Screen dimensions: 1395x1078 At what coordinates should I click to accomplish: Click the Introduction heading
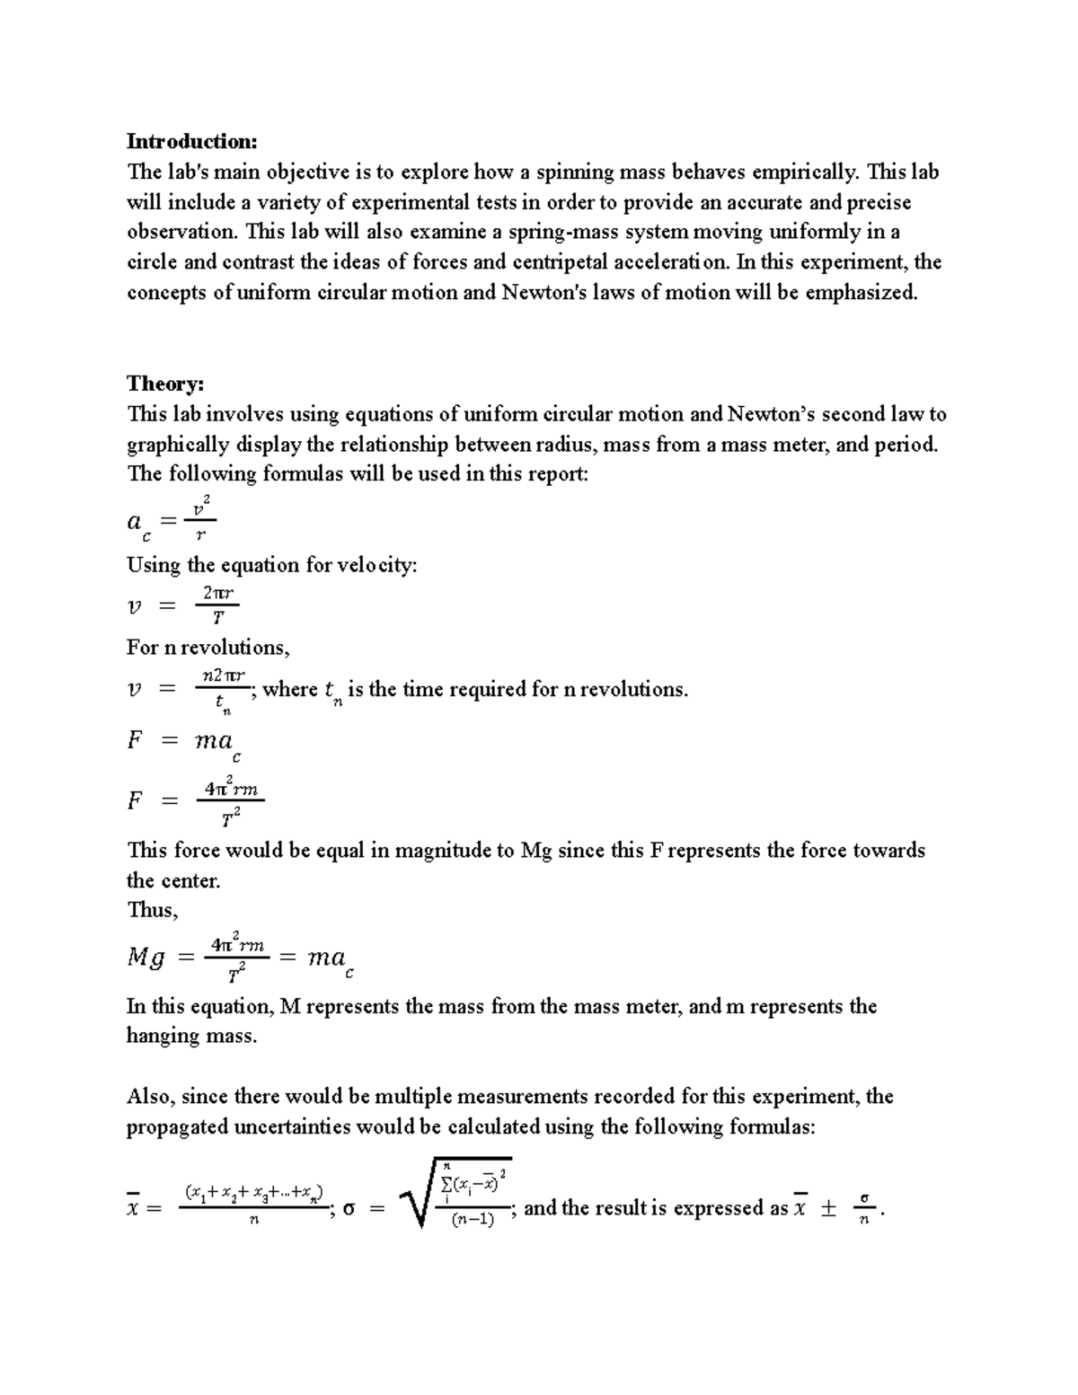point(191,141)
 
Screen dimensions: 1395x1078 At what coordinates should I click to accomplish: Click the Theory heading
point(165,384)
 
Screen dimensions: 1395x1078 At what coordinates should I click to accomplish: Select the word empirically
point(798,172)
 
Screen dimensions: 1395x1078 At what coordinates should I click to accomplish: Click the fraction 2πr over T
point(217,605)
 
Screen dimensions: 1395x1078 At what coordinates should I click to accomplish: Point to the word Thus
point(152,910)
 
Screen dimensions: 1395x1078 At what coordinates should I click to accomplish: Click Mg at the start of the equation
point(146,958)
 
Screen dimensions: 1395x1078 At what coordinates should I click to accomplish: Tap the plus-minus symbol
point(827,1209)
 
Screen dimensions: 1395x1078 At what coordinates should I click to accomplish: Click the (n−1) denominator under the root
point(473,1221)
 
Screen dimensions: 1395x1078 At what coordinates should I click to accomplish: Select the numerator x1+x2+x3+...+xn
point(253,1193)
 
